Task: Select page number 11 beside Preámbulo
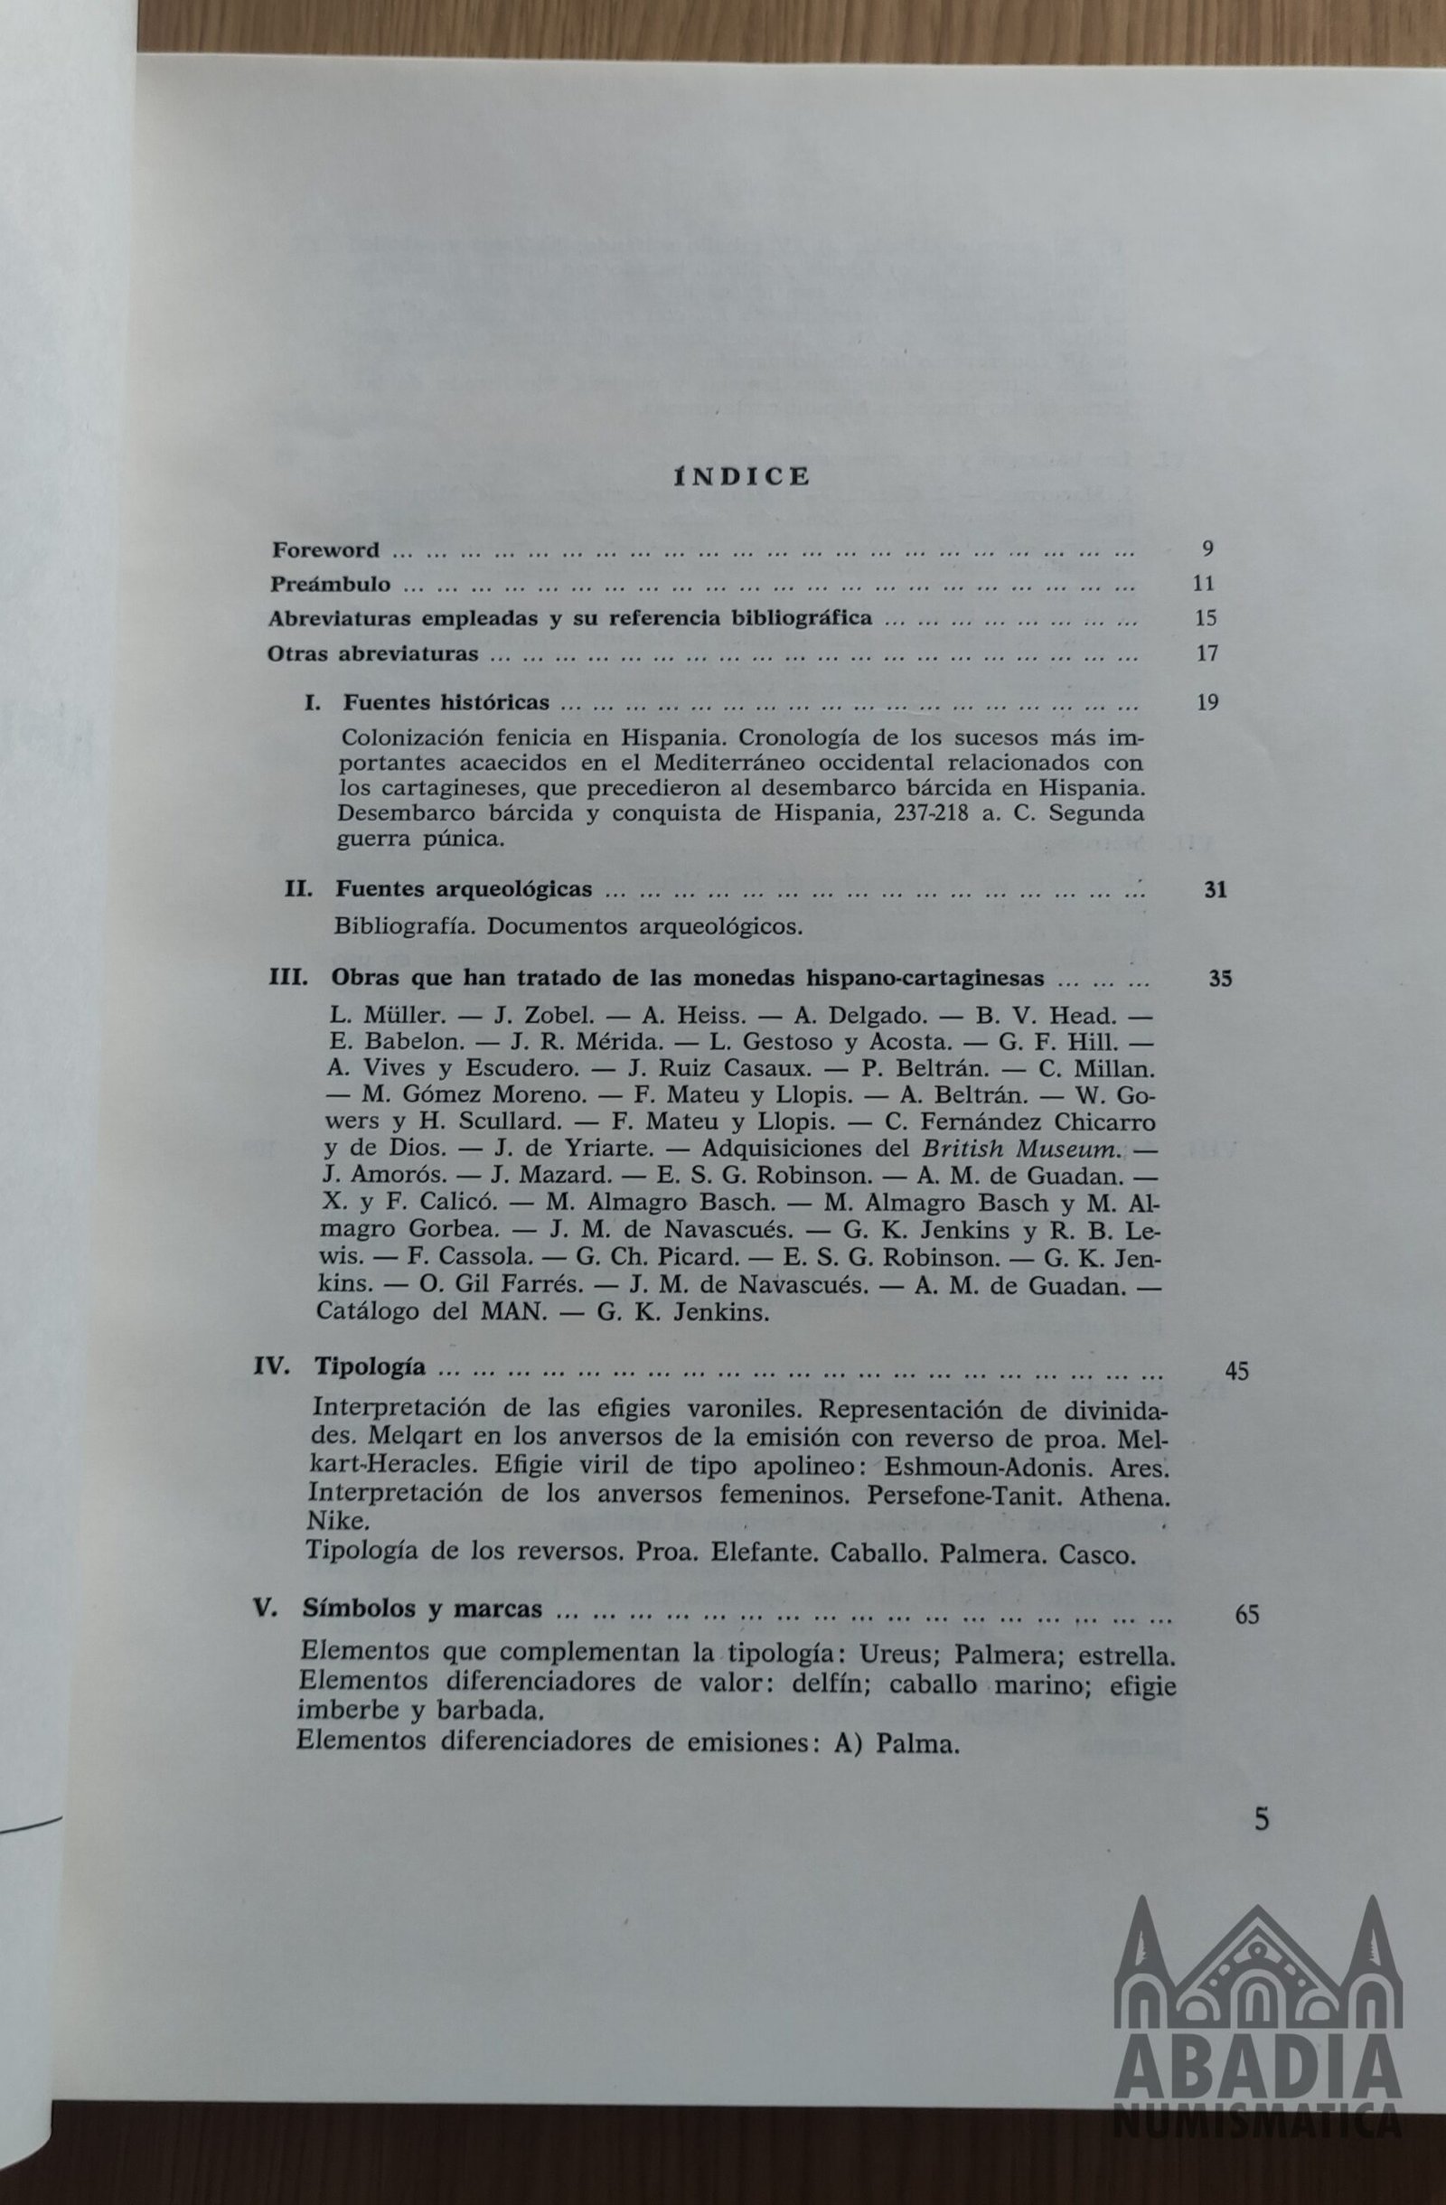click(x=1204, y=584)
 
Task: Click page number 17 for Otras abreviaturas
click(x=1207, y=653)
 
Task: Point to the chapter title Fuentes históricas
click(x=446, y=702)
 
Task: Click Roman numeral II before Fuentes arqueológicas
click(x=298, y=888)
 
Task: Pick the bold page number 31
click(x=1215, y=890)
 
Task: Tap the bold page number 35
click(x=1220, y=979)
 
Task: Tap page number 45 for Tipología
click(x=1236, y=1371)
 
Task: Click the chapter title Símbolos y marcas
click(x=421, y=1609)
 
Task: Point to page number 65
click(x=1247, y=1615)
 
